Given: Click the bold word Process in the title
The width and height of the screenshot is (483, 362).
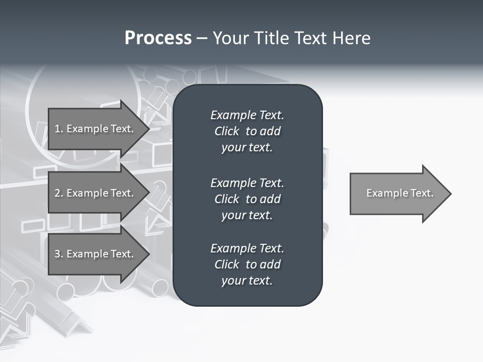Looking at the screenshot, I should coord(158,38).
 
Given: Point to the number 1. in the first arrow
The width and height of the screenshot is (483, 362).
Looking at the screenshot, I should coord(58,129).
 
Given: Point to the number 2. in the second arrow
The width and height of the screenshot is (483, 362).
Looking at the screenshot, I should coord(58,193).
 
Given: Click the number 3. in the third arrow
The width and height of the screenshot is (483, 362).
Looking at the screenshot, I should coord(58,254).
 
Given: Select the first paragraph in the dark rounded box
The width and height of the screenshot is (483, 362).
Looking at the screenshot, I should coord(247,131).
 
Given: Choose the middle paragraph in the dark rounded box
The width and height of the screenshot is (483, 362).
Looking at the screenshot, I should coord(247,199).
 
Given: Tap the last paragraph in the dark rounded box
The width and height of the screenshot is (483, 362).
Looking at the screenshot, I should coord(247,264).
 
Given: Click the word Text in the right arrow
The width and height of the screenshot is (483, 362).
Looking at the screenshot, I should coord(422,193).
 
